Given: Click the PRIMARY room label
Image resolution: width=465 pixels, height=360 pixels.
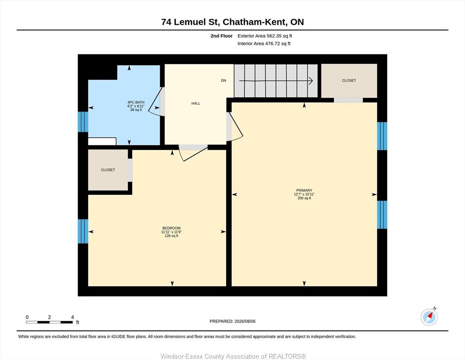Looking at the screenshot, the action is [304, 190].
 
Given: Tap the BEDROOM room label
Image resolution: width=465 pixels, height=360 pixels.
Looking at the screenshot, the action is [171, 228].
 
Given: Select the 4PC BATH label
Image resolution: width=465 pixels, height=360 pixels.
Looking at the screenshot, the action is [136, 102].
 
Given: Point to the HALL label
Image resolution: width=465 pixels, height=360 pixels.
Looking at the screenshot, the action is [196, 103].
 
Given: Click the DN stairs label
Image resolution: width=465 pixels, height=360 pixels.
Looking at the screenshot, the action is [224, 81].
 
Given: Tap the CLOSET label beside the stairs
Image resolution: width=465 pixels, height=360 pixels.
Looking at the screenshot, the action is [349, 81].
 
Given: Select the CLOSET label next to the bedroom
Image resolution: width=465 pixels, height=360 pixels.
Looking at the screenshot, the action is [108, 170].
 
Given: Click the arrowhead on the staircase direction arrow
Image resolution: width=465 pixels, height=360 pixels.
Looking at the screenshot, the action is [311, 81].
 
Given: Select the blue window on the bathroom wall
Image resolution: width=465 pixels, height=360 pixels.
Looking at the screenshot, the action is [83, 122].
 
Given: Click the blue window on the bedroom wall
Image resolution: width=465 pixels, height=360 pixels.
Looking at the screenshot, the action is [83, 231].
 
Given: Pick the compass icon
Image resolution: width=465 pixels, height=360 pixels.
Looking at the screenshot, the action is [429, 317].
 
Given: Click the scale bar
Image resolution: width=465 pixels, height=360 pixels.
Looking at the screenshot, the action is [49, 322].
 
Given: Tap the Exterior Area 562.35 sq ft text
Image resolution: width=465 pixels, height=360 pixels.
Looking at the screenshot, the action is [265, 36].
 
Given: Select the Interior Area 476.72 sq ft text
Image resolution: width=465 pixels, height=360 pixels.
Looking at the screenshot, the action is [264, 44].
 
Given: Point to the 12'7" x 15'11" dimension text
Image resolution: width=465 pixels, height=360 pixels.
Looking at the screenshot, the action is [304, 194].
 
